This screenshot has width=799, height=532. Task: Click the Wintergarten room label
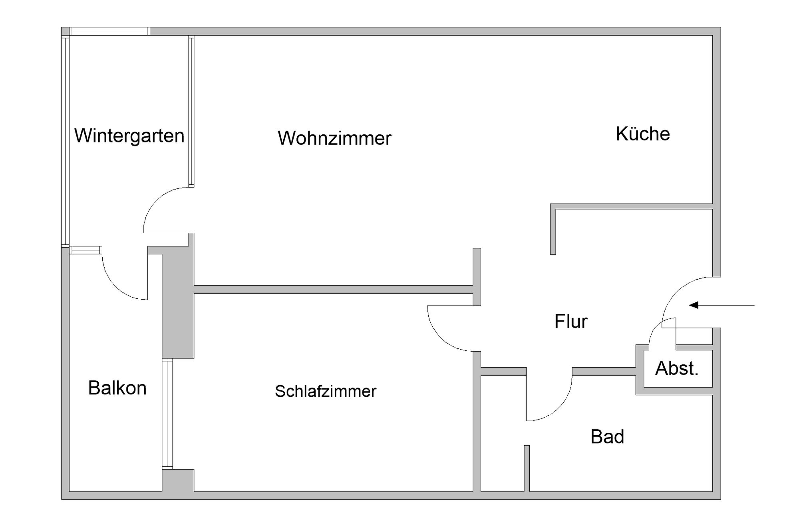tap(129, 136)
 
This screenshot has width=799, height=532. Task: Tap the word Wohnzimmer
tap(334, 138)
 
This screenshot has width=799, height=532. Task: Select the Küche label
tap(642, 134)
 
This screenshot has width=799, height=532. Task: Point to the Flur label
tap(571, 321)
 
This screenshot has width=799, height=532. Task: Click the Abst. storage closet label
tap(677, 368)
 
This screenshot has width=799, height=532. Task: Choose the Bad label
tap(607, 436)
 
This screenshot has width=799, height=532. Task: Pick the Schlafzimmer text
tap(326, 391)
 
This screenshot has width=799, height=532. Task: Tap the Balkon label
tap(117, 388)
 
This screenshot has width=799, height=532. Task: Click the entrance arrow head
tap(694, 305)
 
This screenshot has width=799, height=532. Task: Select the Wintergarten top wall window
tap(109, 31)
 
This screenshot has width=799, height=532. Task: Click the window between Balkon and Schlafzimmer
tap(167, 414)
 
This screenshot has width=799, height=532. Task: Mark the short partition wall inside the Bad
tap(527, 468)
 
